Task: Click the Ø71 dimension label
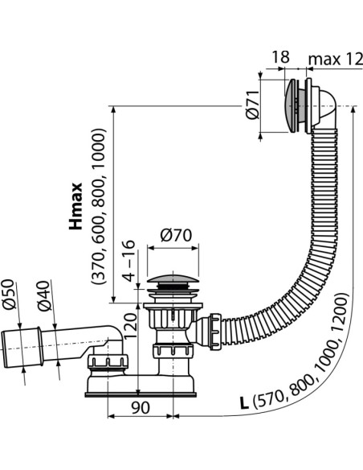pyautogui.click(x=252, y=105)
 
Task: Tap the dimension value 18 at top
pyautogui.click(x=280, y=57)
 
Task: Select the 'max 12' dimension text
pyautogui.click(x=336, y=59)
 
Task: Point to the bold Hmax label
pyautogui.click(x=75, y=206)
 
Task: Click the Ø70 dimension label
pyautogui.click(x=176, y=235)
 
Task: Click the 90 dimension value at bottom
pyautogui.click(x=141, y=408)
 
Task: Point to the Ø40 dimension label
pyautogui.click(x=44, y=296)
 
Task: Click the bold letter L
pyautogui.click(x=245, y=403)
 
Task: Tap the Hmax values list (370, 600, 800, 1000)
pyautogui.click(x=99, y=207)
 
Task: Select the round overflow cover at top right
pyautogui.click(x=291, y=105)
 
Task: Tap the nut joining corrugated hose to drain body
pyautogui.click(x=215, y=332)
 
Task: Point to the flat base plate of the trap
pyautogui.click(x=141, y=394)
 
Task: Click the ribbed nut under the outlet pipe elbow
pyautogui.click(x=108, y=362)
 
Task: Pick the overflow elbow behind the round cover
pyautogui.click(x=324, y=108)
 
